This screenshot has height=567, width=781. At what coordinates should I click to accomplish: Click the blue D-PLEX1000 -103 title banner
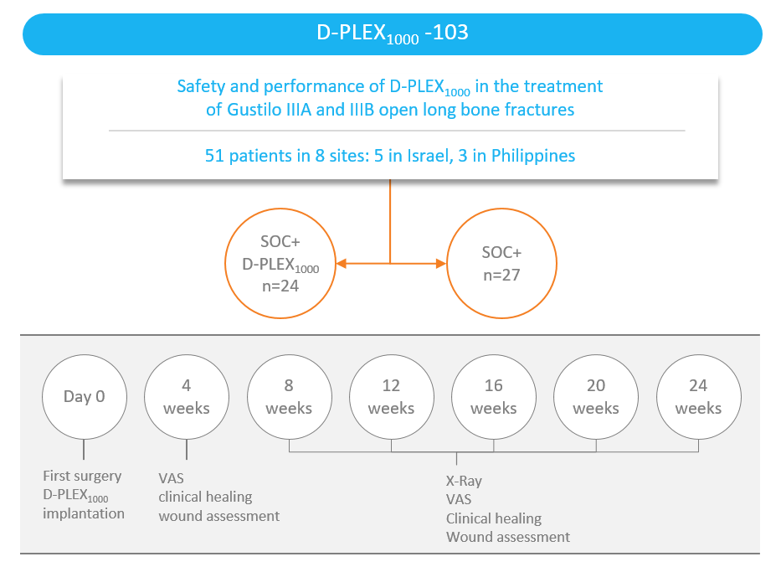tap(393, 34)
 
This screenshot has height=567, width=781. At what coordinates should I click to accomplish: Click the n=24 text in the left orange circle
tap(280, 286)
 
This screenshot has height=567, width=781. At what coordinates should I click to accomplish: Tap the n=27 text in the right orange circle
tap(501, 275)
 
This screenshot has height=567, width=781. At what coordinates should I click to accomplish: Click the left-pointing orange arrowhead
tap(342, 264)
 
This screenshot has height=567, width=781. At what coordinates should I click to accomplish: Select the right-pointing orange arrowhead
tap(441, 264)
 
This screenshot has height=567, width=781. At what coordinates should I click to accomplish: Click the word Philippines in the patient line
tap(533, 156)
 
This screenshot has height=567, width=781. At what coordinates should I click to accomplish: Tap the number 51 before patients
tap(214, 156)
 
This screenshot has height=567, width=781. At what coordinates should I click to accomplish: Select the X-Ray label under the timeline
tap(464, 482)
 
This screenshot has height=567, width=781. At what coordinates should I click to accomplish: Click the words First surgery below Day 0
tap(82, 477)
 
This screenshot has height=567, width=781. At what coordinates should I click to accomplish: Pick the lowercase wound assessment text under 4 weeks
tap(219, 516)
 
